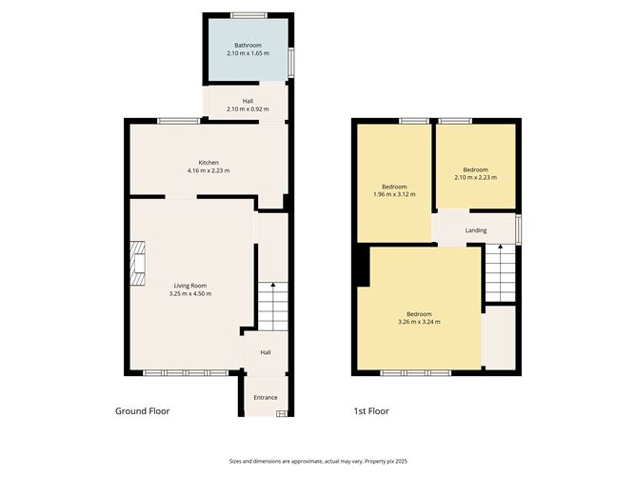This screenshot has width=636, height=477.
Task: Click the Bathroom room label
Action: coord(248,45)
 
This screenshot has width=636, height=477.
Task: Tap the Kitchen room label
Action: coord(209,163)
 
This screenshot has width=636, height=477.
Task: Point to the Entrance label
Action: coord(266,397)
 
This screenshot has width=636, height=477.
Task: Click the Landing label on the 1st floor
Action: coord(476,230)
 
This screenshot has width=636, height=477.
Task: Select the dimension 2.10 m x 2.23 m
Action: coord(476,178)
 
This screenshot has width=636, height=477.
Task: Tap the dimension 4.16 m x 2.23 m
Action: coord(209,171)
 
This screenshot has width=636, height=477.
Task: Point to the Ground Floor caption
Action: coord(143,411)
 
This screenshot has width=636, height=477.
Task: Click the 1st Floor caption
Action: coord(371,411)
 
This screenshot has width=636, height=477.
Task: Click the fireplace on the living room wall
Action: coord(140,264)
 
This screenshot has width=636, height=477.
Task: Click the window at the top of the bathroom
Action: coord(248,14)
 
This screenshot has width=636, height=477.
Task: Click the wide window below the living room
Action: coord(187,372)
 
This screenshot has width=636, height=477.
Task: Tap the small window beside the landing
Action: coord(519,229)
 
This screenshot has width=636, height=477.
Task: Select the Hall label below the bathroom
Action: coord(248,101)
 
